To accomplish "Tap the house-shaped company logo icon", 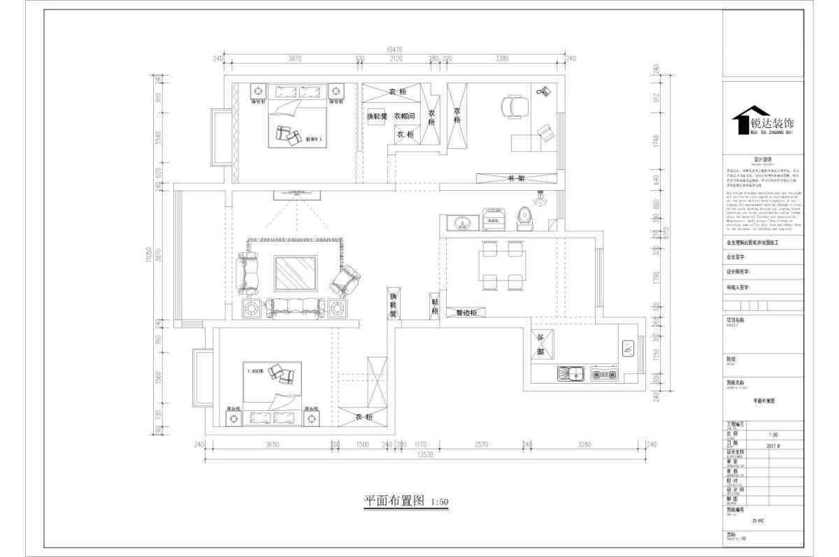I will [740, 122].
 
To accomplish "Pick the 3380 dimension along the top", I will [501, 59].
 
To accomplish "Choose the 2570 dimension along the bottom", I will [481, 444].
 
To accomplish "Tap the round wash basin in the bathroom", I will [461, 224].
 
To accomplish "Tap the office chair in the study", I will [516, 107].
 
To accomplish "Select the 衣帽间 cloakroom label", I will [404, 116].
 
